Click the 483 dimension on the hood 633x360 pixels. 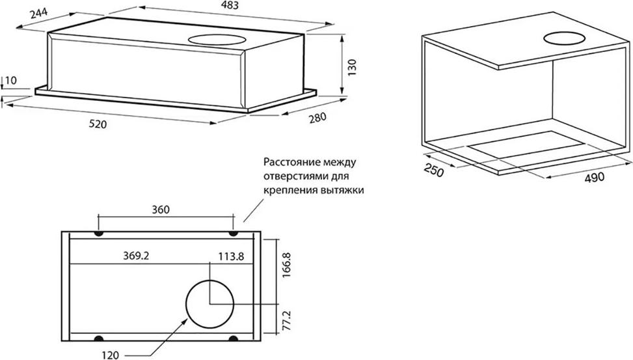[230, 5]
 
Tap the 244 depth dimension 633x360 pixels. [39, 14]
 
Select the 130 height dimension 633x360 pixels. [352, 68]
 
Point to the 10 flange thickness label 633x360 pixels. [12, 81]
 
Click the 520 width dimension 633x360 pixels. [98, 124]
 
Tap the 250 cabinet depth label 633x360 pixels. [434, 171]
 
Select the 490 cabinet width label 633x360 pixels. [595, 177]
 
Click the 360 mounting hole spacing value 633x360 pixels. [161, 210]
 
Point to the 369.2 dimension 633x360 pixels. [136, 255]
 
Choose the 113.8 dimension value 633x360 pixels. [232, 256]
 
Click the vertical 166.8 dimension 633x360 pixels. [286, 265]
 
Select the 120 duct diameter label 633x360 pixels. [110, 355]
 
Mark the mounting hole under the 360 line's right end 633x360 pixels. [233, 234]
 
